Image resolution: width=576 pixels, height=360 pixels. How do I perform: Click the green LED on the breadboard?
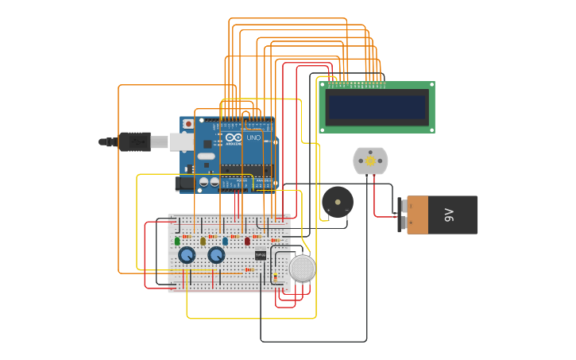click(x=177, y=241)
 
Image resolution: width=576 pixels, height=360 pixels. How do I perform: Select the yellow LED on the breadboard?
click(x=203, y=241)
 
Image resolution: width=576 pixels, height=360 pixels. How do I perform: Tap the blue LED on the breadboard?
click(x=225, y=241)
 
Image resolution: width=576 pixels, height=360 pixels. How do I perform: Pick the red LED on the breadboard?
click(x=247, y=241)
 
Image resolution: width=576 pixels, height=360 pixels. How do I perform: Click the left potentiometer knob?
click(x=187, y=255)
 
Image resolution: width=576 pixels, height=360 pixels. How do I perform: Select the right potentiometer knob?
click(x=216, y=255)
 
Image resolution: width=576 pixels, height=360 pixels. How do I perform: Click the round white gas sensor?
click(x=302, y=269)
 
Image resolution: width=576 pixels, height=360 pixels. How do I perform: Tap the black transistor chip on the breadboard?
click(x=261, y=255)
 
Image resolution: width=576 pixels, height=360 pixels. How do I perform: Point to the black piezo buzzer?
click(x=338, y=202)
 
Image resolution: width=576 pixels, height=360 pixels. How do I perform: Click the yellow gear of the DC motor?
click(x=370, y=161)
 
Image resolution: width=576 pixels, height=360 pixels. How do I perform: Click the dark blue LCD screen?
click(x=377, y=107)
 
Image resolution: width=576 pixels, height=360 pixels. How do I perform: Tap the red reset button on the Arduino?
click(x=188, y=124)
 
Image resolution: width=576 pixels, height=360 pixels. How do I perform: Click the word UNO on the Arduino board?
click(x=253, y=137)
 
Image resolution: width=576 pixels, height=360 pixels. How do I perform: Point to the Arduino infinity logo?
click(x=233, y=137)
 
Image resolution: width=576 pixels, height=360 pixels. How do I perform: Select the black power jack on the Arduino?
click(x=185, y=184)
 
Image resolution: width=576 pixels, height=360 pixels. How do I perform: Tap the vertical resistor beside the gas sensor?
click(x=275, y=276)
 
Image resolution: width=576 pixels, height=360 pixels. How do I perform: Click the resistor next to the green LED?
click(x=187, y=236)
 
